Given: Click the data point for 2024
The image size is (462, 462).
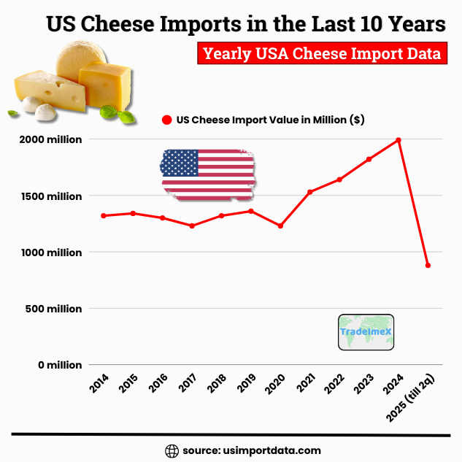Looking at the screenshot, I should [399, 139].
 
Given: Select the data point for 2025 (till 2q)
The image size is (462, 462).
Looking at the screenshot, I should [428, 266].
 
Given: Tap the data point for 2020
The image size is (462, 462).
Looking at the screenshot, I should [280, 226].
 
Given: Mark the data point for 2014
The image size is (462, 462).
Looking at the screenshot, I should [104, 215].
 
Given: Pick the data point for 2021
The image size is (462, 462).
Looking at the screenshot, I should [310, 192].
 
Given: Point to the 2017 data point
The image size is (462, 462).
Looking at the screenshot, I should [192, 226].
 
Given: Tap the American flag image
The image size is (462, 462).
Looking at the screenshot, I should [208, 174].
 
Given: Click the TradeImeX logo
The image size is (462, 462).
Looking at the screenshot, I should [366, 333].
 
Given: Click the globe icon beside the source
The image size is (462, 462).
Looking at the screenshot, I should [172, 450].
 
